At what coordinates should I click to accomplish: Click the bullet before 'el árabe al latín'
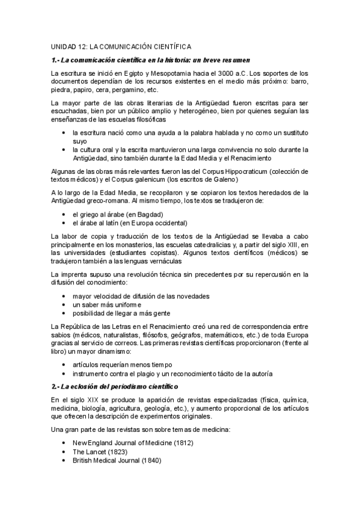coord(64,223)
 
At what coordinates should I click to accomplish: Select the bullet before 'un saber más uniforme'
coord(64,305)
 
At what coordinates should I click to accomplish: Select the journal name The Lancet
coord(90,451)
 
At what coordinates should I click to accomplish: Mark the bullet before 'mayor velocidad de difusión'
coord(64,296)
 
